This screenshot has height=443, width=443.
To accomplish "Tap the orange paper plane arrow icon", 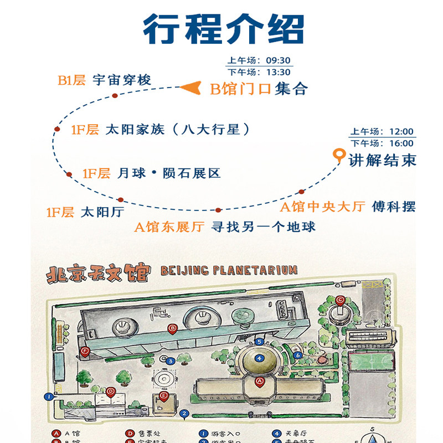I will point(190,87).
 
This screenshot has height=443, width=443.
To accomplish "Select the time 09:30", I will point(278,61).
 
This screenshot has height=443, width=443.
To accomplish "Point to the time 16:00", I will point(401,143).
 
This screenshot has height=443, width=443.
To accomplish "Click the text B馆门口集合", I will point(259,89).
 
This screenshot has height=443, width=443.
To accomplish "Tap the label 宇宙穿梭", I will point(122,80).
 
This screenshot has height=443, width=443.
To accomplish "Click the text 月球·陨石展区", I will point(169,173).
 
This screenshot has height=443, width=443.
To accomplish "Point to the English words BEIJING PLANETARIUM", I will point(228,270).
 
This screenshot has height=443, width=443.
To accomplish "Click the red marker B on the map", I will point(172,329).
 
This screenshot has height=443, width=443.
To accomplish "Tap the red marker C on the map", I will point(340,300).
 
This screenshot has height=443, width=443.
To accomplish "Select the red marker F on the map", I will point(85,351).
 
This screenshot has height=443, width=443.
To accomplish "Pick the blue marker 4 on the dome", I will point(259,358).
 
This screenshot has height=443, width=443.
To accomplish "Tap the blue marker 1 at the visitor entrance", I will point(49,396).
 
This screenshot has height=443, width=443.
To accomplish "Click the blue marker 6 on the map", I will point(297,355).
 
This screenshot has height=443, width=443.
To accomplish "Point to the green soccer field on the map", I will point(371,361).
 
